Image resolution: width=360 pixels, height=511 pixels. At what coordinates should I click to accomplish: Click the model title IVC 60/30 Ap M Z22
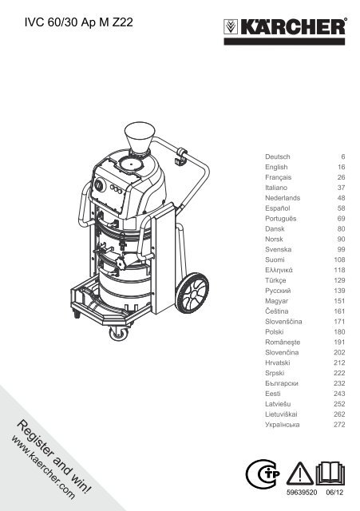point(79,22)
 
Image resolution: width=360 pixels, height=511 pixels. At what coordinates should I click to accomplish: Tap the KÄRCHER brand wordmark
point(292,26)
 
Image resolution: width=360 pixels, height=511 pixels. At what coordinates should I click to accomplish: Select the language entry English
point(276,167)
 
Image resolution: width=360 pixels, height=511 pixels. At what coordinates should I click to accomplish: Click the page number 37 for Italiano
point(341,188)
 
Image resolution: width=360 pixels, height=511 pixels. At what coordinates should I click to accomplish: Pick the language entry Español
point(278,208)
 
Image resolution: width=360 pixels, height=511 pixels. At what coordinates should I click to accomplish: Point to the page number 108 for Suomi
point(339,259)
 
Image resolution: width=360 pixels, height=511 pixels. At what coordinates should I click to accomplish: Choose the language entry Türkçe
point(275,280)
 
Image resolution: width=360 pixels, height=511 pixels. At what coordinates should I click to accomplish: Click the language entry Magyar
point(277,301)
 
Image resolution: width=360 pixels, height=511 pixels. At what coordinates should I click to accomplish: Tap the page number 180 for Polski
point(339,332)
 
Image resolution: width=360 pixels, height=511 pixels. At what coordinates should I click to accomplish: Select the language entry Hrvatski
point(278,362)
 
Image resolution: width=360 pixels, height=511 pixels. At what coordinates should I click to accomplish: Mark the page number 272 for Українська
point(339,425)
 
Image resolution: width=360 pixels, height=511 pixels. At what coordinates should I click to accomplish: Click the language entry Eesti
point(273,394)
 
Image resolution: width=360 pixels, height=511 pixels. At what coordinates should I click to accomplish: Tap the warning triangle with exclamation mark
point(300,473)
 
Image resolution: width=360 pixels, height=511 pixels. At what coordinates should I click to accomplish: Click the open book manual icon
point(330,473)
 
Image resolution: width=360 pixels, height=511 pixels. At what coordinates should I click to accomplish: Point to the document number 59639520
point(302,492)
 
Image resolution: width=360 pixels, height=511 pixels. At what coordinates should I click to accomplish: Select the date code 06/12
point(334,492)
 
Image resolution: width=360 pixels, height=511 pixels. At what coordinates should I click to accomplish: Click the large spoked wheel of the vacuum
point(194,294)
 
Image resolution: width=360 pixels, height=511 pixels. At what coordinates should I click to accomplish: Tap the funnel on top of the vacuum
point(140,137)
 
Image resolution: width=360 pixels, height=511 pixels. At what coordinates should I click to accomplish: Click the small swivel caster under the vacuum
point(119,334)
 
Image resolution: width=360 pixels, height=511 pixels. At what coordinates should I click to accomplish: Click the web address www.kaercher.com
point(43,467)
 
